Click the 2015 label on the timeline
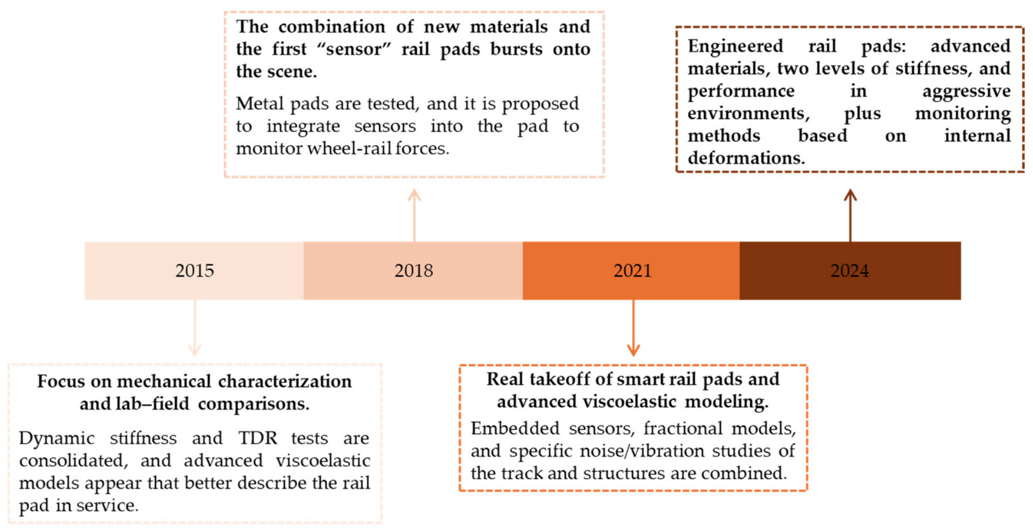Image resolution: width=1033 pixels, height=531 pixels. [x=194, y=270]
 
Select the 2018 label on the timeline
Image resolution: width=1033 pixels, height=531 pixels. [x=414, y=270]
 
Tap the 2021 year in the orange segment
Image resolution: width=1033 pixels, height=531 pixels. [x=633, y=270]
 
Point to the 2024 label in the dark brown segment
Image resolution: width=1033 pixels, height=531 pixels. [x=850, y=270]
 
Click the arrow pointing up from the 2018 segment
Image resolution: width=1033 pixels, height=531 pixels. [x=415, y=215]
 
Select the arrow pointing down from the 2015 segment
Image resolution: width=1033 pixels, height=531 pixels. [x=194, y=328]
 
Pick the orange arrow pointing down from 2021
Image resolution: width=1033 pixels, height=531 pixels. [x=633, y=328]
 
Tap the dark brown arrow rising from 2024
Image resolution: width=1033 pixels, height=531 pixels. [x=850, y=215]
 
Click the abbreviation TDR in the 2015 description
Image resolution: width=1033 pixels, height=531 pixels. [x=258, y=438]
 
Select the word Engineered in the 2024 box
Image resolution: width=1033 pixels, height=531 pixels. [x=735, y=46]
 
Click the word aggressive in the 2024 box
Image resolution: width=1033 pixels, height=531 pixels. [x=966, y=92]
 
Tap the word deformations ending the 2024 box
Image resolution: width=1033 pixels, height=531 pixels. [x=746, y=158]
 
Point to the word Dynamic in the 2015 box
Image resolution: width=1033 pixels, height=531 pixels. [x=57, y=439]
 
